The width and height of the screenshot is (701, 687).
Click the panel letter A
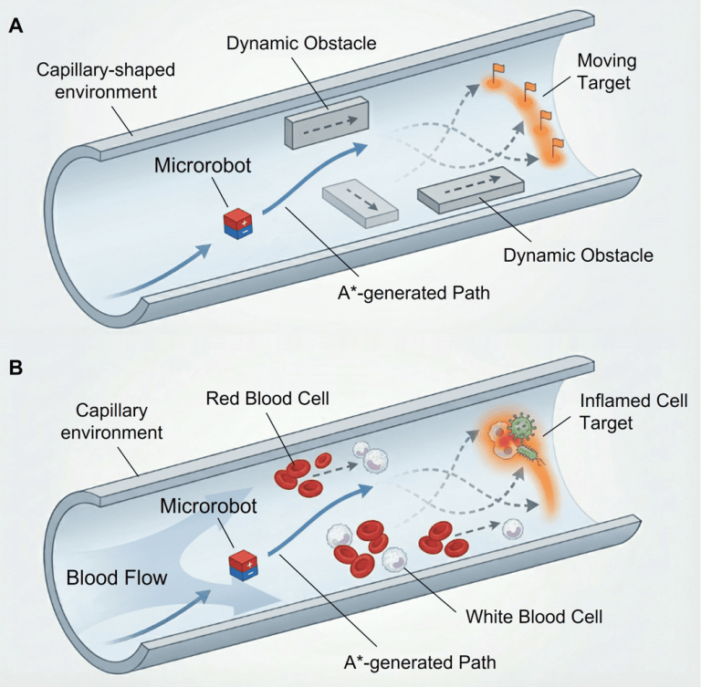pyautogui.click(x=16, y=26)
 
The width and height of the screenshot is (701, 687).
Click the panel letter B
pyautogui.click(x=16, y=369)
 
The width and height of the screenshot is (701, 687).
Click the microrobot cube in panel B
pyautogui.click(x=243, y=565)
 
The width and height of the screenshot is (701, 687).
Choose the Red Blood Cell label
pyautogui.click(x=263, y=399)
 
